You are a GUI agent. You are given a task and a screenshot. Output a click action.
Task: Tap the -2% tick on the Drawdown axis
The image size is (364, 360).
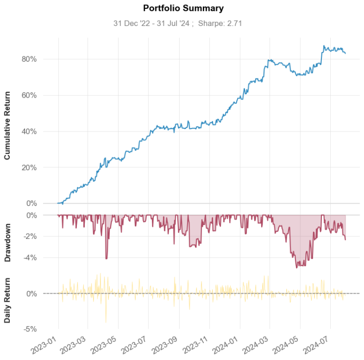click(44, 236)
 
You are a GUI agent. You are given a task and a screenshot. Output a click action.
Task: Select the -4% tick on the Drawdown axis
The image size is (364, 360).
click(44, 257)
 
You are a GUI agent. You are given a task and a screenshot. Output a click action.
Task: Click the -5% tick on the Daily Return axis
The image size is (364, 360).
click(44, 329)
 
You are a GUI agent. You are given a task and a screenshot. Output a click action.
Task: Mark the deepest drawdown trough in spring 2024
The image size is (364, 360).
click(297, 268)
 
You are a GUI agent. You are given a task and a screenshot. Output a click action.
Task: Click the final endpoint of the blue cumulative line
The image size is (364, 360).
click(345, 53)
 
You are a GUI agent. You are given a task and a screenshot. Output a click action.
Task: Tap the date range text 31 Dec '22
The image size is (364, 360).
click(131, 23)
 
